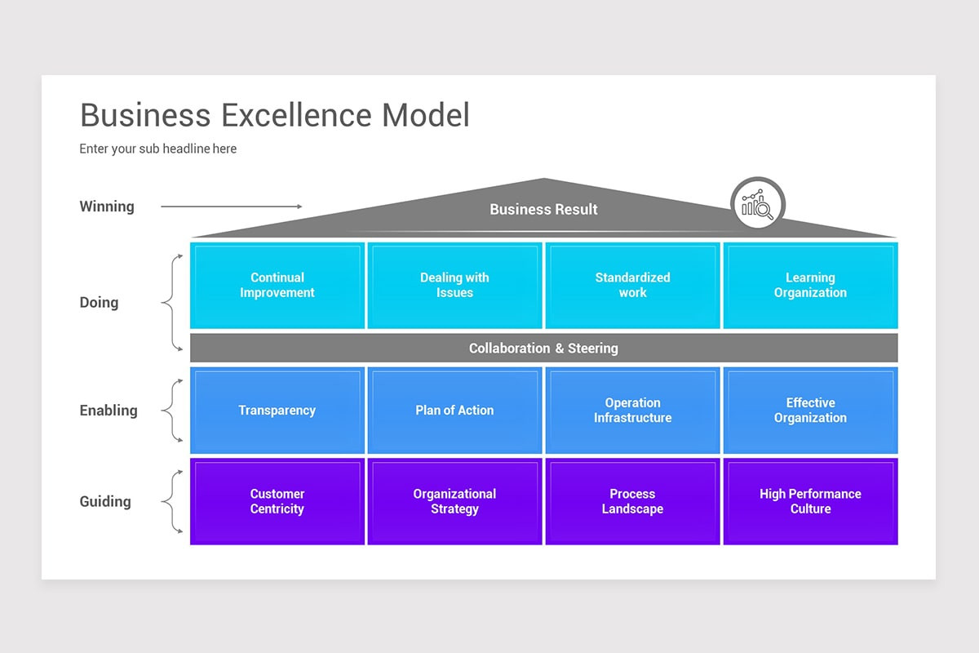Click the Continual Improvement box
point(277,286)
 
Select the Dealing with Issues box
point(454,286)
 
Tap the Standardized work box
point(632,286)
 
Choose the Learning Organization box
point(810,286)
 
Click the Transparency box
point(277,411)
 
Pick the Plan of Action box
point(454,411)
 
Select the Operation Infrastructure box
point(632,411)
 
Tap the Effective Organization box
point(810,411)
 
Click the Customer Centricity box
point(277,501)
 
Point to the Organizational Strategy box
point(454,501)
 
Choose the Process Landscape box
point(632,501)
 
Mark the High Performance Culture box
point(810,501)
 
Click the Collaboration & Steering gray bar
point(543,349)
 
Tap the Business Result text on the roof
point(543,210)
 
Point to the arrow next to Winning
point(231,207)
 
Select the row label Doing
point(99,303)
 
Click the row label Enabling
point(109,411)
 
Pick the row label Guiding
point(105,501)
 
